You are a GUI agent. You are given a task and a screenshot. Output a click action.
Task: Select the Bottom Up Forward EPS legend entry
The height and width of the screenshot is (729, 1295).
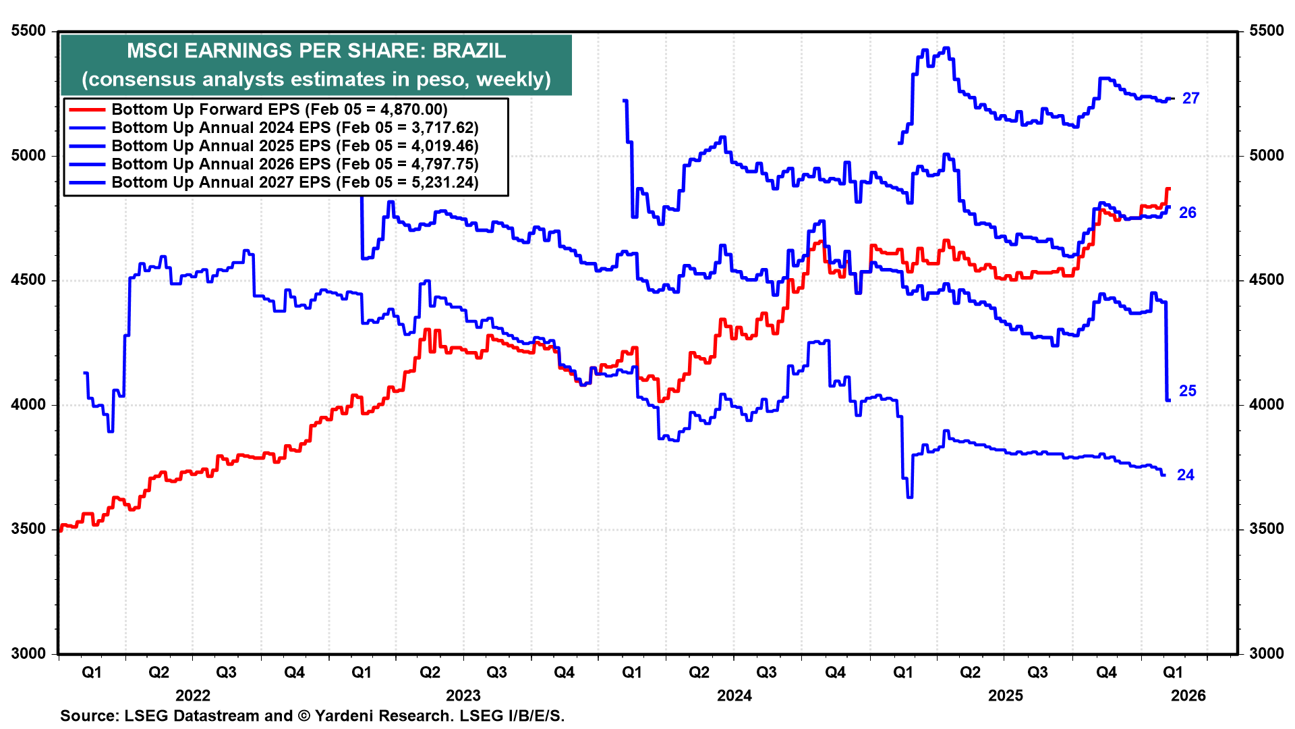279,109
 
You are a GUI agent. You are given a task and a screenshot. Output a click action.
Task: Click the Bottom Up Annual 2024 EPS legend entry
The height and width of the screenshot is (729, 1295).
295,128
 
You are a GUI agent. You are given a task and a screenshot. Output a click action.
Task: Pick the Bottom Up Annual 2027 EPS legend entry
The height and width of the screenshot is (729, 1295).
295,182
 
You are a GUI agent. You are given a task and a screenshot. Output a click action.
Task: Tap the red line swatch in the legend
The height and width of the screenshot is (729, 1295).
87,109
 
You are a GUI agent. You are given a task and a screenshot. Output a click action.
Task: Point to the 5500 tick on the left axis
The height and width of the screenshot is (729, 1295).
29,31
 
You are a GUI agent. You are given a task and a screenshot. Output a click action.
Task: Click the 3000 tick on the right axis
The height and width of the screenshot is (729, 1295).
1266,653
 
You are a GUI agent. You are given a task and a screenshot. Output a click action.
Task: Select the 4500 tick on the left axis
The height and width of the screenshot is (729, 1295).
29,280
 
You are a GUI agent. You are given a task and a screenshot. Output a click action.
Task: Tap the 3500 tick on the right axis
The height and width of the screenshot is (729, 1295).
1266,529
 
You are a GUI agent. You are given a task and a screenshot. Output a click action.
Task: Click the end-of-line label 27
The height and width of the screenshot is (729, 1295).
1190,99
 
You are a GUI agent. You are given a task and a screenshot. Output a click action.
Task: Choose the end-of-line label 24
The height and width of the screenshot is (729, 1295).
1185,475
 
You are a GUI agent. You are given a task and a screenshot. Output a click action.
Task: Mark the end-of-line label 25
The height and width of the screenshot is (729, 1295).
1187,391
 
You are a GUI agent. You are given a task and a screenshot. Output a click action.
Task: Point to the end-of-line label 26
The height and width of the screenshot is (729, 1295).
1187,213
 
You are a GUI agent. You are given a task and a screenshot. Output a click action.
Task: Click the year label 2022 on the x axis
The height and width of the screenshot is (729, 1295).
193,695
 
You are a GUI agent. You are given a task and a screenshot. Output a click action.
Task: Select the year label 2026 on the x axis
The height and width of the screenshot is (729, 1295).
1188,695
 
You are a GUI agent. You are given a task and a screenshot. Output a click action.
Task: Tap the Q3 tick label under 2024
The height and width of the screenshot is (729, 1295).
767,672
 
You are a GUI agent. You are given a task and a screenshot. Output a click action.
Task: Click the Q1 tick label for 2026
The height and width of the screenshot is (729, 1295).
1173,672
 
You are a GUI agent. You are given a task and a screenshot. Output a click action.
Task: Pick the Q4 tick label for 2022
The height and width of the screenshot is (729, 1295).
294,672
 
